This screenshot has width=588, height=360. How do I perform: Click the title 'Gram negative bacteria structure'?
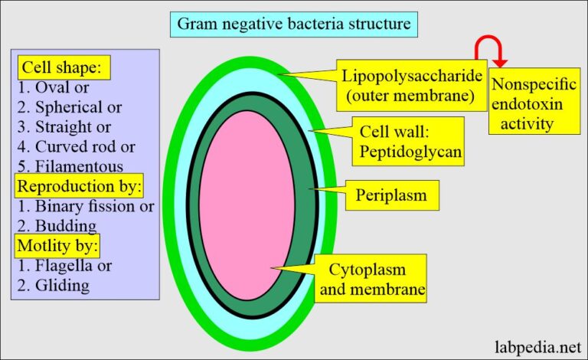294,24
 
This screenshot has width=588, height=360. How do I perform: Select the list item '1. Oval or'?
53,87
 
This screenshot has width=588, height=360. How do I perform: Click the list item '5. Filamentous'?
70,167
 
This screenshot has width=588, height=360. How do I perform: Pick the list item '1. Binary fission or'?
85,207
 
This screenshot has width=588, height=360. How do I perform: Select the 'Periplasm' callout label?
390,196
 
